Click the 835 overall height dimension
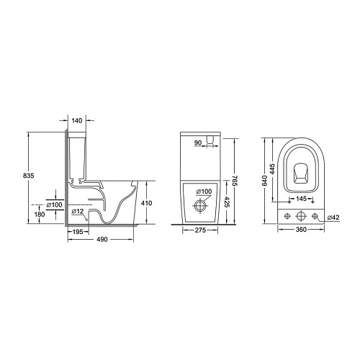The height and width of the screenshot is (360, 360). click(x=29, y=176)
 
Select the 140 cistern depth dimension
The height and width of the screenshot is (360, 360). click(x=77, y=121)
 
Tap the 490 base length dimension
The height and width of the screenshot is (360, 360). click(x=102, y=239)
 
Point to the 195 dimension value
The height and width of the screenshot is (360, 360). click(x=78, y=232)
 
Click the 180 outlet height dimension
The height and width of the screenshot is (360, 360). click(x=40, y=214)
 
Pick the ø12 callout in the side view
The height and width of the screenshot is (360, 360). click(x=78, y=211)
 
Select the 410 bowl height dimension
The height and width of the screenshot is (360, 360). click(x=146, y=203)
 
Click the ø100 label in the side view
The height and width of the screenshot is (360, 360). click(x=54, y=205)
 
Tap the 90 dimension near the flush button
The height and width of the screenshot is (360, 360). click(x=198, y=143)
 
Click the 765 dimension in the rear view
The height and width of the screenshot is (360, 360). click(x=235, y=181)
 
